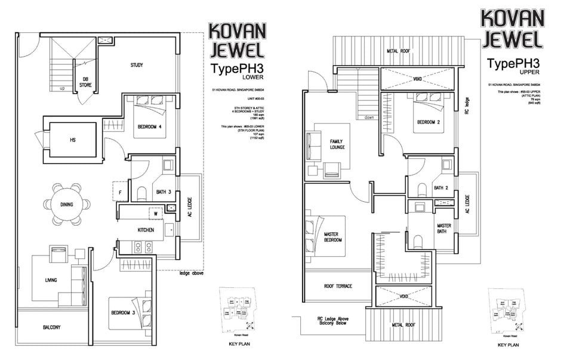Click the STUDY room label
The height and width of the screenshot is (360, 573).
[136, 65]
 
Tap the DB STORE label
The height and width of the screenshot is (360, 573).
[85, 82]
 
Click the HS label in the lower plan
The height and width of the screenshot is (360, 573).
[73, 140]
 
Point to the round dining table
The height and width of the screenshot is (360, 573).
[66, 204]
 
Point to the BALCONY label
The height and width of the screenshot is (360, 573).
[54, 328]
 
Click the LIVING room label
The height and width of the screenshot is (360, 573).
[50, 280]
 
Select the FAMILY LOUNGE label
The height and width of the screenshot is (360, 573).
[337, 144]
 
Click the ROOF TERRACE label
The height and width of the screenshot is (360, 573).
[338, 286]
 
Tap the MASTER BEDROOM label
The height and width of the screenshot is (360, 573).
[332, 236]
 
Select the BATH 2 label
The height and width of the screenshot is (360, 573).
[440, 188]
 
